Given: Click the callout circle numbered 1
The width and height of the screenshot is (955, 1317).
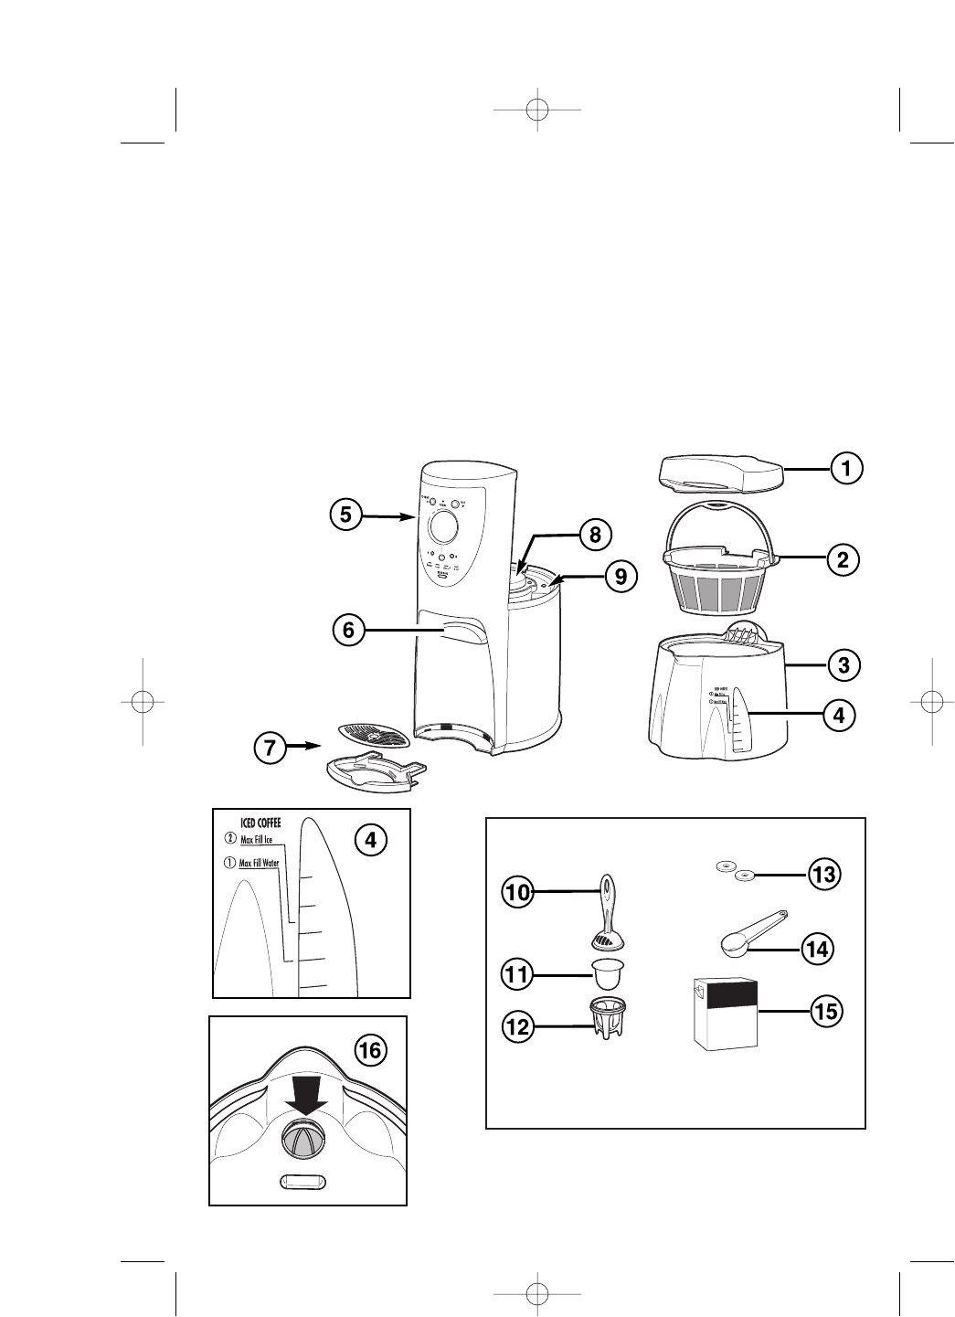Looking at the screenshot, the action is pos(846,469).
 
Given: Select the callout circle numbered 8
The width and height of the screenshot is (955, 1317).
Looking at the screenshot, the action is pos(595,536).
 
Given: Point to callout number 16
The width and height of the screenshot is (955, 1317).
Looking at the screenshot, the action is pos(370,1051).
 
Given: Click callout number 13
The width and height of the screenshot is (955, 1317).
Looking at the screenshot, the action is pos(822,875).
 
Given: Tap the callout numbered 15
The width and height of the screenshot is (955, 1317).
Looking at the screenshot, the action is pos(825,1012).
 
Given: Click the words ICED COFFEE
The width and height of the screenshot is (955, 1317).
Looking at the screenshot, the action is pos(260,822).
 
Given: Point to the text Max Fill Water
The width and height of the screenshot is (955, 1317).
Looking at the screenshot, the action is pos(259,863).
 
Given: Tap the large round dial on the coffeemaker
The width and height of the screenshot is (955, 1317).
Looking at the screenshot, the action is pos(442,526).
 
